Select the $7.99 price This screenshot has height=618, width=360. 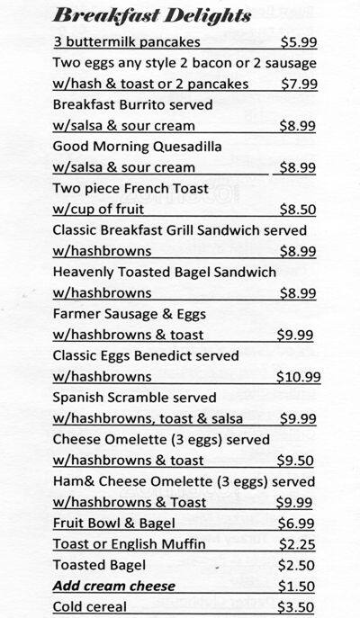click(296, 84)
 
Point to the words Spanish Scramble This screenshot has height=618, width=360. click(106, 397)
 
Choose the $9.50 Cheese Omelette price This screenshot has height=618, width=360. click(296, 460)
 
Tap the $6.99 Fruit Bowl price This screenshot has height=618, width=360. click(296, 523)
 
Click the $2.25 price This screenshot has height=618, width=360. click(296, 544)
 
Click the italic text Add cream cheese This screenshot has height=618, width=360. click(113, 586)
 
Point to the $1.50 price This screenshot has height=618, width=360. click(296, 586)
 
